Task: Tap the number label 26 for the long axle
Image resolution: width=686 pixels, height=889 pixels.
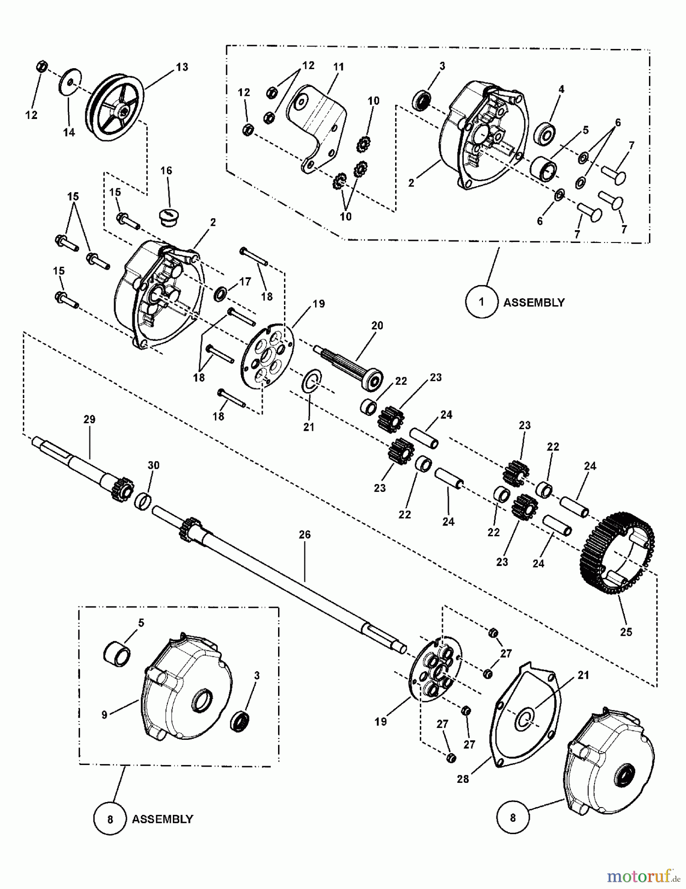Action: click(305, 534)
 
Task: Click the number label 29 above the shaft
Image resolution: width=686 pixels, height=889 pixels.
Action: click(89, 419)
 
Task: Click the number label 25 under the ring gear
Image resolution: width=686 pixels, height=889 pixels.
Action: click(626, 632)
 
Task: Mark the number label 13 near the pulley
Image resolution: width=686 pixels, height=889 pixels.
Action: click(182, 67)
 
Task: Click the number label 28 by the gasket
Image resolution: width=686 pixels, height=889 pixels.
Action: click(463, 779)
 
